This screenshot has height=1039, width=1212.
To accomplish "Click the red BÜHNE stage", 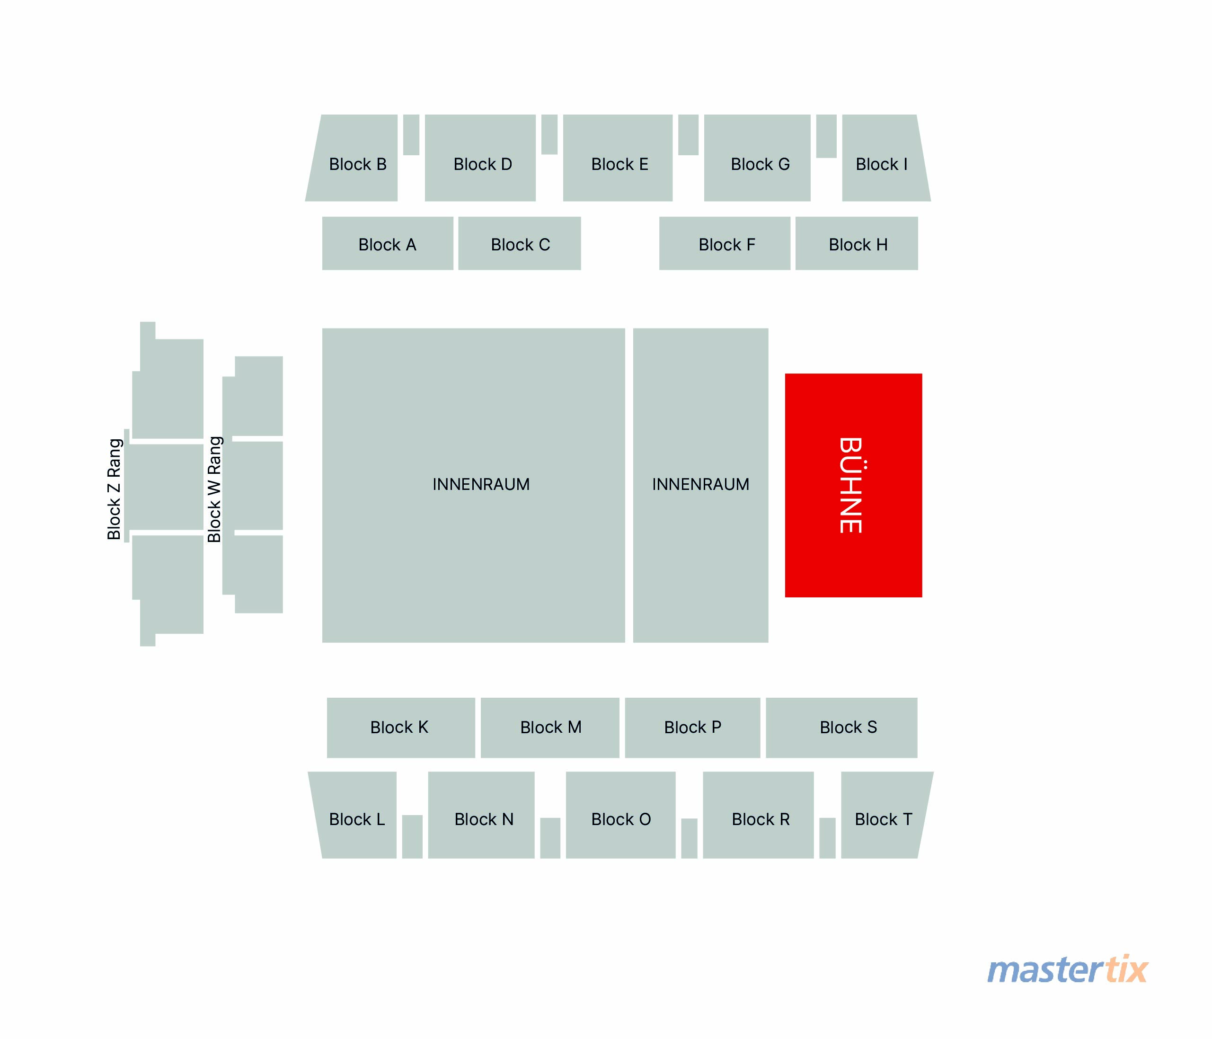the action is click(853, 485).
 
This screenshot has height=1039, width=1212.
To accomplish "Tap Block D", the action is click(480, 158).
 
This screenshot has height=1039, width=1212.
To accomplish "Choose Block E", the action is click(618, 158).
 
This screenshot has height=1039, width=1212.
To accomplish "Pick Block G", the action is click(758, 158).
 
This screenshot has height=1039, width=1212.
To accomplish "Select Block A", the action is click(388, 243).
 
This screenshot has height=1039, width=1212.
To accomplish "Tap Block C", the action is click(520, 243).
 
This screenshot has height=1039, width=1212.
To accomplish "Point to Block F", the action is click(725, 243).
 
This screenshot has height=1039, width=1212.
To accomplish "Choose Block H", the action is click(857, 243).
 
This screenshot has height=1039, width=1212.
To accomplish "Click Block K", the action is click(401, 728).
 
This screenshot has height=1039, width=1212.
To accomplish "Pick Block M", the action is click(550, 728).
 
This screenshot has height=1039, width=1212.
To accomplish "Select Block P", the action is click(692, 728).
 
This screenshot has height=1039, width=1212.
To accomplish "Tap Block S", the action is click(842, 728).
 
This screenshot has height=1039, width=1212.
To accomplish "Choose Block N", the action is click(481, 815).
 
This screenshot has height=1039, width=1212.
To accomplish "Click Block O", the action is click(620, 815).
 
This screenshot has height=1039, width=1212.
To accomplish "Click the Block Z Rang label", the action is click(115, 489).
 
